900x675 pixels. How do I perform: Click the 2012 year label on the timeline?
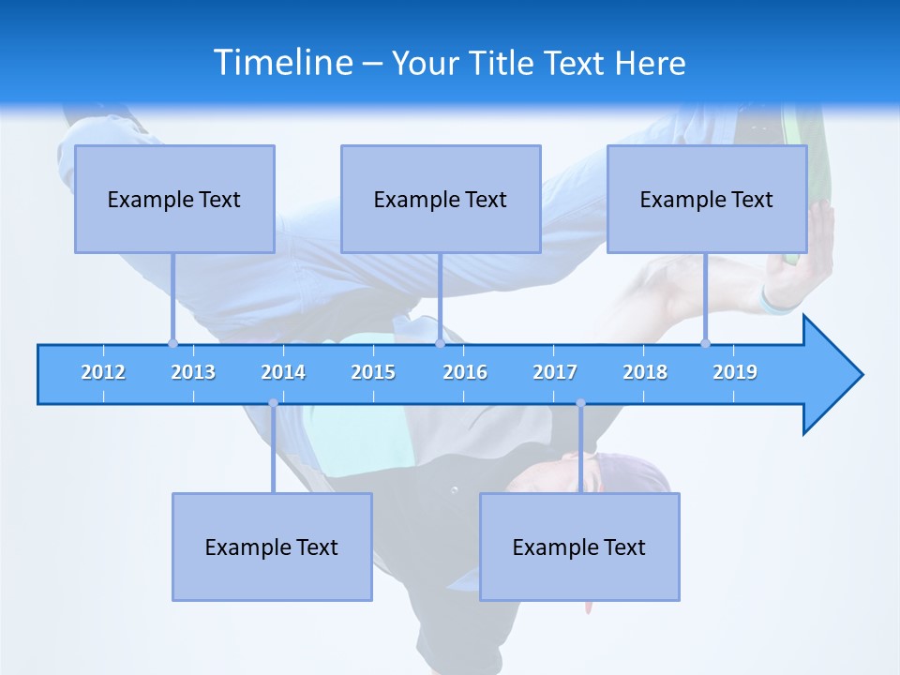[x=103, y=372]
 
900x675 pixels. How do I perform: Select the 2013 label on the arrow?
[x=193, y=372]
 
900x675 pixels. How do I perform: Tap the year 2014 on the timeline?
[x=283, y=372]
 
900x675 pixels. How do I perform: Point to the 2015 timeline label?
[x=373, y=372]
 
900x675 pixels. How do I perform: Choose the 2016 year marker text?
[x=465, y=372]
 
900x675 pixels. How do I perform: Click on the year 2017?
[x=555, y=372]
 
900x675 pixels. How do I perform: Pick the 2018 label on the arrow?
[x=645, y=372]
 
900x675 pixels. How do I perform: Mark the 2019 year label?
[x=735, y=372]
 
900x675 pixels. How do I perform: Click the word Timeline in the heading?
[x=283, y=63]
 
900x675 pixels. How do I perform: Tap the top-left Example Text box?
[x=174, y=199]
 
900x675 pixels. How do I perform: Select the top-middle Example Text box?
[x=441, y=199]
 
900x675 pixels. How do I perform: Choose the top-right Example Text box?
[x=707, y=199]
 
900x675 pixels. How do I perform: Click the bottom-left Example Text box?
[x=272, y=547]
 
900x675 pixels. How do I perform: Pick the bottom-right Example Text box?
[x=579, y=547]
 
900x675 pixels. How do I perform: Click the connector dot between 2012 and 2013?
[x=172, y=343]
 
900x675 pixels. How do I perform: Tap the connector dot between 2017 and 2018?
[x=580, y=403]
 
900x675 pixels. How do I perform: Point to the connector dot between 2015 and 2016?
[x=440, y=343]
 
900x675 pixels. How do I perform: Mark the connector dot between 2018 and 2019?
[x=705, y=343]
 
